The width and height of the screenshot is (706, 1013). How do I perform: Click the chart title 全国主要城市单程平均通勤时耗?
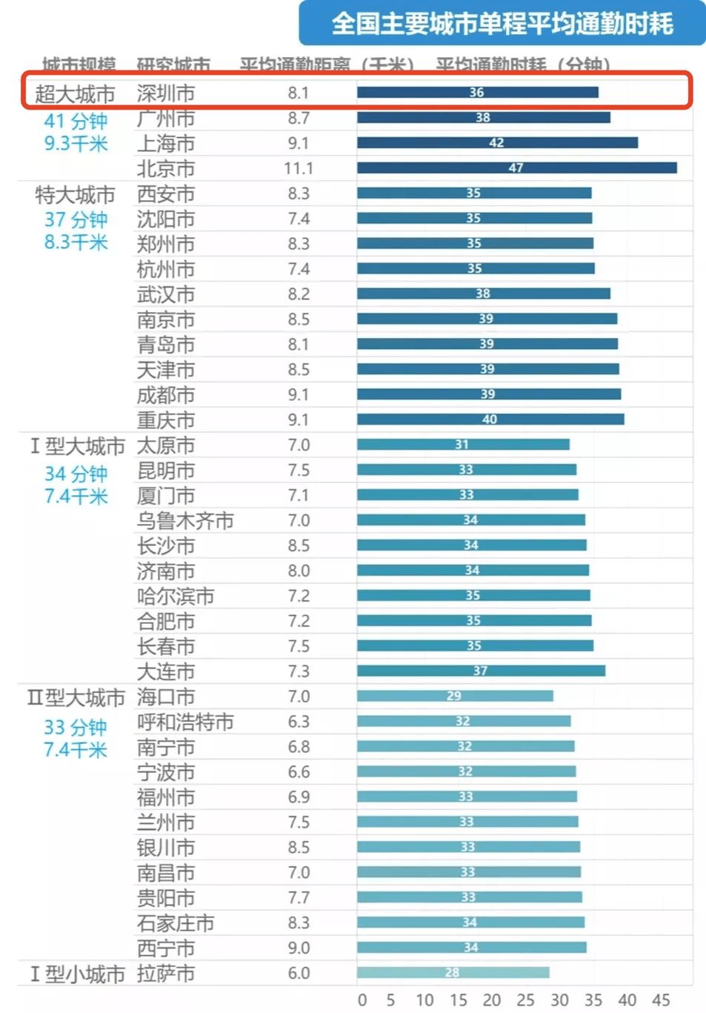[502, 24]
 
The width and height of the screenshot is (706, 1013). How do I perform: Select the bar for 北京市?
[516, 168]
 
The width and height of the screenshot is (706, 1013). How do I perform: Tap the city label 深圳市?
[166, 93]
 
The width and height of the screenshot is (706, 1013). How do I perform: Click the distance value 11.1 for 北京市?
[299, 169]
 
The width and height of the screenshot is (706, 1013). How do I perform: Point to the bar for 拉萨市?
[453, 972]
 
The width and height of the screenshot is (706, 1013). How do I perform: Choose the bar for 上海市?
[496, 143]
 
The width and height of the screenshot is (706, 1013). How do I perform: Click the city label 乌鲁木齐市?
[185, 521]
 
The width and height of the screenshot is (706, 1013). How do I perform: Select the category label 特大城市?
[75, 195]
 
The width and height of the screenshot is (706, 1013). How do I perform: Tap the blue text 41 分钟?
[76, 121]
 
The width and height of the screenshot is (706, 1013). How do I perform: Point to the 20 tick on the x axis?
[492, 1000]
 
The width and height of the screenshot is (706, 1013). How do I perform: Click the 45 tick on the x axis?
[661, 1000]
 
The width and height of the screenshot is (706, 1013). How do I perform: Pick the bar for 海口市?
[454, 696]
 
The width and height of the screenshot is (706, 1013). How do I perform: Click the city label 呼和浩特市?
[185, 722]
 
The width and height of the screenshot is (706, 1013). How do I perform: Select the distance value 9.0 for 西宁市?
[299, 948]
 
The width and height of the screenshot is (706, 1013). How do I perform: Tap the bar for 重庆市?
[490, 419]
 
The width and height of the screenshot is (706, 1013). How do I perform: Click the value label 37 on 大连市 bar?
[480, 671]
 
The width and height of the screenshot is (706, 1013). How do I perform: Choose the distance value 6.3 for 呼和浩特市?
[299, 722]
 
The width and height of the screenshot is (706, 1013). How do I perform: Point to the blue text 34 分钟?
[76, 474]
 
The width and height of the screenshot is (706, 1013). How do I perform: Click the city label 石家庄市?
[176, 923]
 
